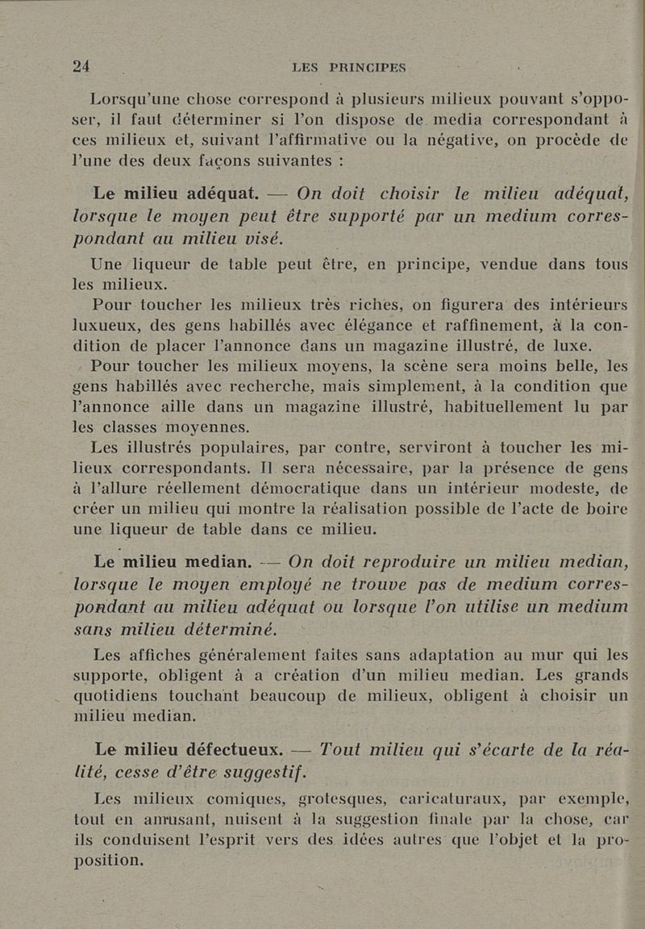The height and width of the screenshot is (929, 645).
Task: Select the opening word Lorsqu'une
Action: click(143, 101)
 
